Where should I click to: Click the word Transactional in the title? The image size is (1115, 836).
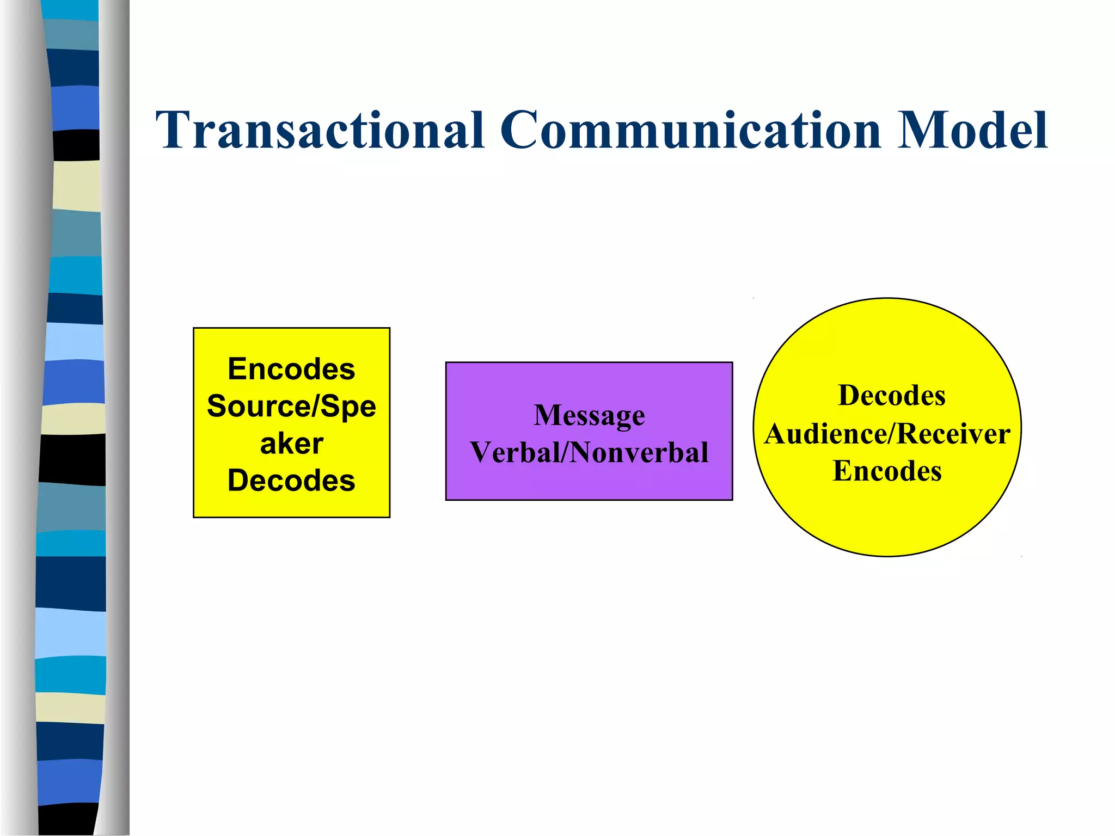(320, 131)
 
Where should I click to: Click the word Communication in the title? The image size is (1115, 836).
(690, 131)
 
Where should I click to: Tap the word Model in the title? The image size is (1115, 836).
(972, 131)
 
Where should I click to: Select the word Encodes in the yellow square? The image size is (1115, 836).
(291, 370)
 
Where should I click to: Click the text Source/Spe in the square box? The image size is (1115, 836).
(291, 407)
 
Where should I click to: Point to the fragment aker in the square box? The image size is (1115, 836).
(291, 444)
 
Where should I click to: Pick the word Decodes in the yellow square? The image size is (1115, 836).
(291, 481)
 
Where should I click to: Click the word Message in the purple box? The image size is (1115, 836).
(589, 416)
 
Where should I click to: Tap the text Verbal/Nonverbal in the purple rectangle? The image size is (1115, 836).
(589, 452)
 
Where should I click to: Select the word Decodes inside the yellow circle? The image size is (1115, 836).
(892, 396)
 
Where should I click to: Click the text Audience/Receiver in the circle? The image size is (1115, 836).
(887, 434)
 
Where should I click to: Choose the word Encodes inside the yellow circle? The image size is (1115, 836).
(887, 471)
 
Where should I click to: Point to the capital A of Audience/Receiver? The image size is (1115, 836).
(776, 434)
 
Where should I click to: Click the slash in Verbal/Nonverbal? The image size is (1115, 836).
(565, 452)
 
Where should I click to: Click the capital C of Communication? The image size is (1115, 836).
(520, 131)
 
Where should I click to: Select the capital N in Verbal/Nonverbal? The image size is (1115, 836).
(580, 452)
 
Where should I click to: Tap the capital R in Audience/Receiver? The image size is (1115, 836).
(907, 434)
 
